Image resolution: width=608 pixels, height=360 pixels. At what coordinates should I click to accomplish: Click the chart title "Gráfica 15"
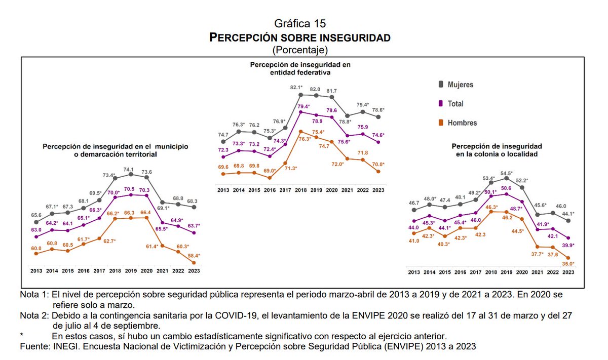(300, 23)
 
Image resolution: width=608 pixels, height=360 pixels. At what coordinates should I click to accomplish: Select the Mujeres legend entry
(460, 85)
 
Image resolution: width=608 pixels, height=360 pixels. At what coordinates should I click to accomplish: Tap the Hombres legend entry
(462, 123)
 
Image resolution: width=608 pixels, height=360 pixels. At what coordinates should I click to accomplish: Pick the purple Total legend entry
(455, 104)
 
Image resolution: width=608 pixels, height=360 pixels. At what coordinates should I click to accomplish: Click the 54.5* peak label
(507, 172)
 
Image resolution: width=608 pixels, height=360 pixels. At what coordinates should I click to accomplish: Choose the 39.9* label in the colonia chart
(569, 245)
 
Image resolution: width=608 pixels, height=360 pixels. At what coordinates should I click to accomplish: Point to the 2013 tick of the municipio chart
(36, 271)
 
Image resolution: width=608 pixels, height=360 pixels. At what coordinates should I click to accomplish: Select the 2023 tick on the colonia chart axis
(568, 272)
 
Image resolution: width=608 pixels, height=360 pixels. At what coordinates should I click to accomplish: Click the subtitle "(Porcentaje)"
(300, 50)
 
